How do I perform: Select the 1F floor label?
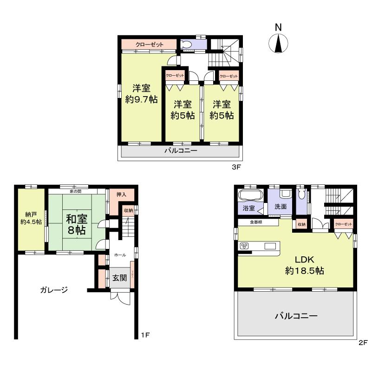point(144,334)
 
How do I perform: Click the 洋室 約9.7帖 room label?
point(141,94)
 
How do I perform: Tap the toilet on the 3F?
point(187,45)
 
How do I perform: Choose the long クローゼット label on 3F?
point(150,45)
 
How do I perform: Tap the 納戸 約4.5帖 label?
point(31,218)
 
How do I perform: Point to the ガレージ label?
point(53,290)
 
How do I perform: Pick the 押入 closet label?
point(121,195)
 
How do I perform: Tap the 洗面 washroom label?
point(281,208)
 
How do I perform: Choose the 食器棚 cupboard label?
point(256,222)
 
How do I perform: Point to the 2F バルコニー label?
point(296,316)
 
